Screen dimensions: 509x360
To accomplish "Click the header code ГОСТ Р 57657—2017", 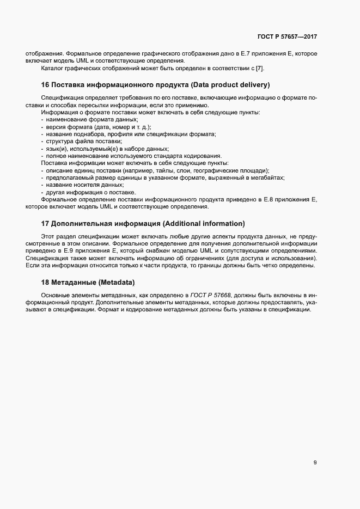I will click(x=286, y=36).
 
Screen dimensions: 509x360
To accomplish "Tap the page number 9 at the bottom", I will click(x=315, y=462).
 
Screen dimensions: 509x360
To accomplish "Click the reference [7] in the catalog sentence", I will click(x=260, y=68).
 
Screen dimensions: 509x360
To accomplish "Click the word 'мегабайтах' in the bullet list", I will click(x=269, y=178).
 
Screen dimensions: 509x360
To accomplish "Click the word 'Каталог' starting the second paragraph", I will click(x=52, y=68).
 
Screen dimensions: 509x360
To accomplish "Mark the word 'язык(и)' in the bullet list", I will click(x=56, y=149).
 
